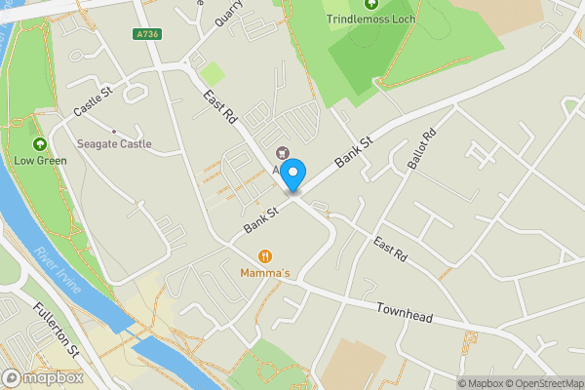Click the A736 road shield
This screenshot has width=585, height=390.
pyautogui.click(x=147, y=34)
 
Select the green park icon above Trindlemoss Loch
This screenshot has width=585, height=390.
pyautogui.click(x=370, y=4)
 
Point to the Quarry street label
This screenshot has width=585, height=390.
pyautogui.click(x=228, y=13)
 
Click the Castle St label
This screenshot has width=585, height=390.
pyautogui.click(x=95, y=102)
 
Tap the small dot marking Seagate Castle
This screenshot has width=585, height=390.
pyautogui.click(x=114, y=132)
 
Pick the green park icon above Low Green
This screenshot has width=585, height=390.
pyautogui.click(x=39, y=142)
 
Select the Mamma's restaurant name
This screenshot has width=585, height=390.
pyautogui.click(x=265, y=272)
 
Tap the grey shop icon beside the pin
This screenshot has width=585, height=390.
pyautogui.click(x=283, y=152)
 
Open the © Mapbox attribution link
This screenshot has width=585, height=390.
pyautogui.click(x=481, y=383)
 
